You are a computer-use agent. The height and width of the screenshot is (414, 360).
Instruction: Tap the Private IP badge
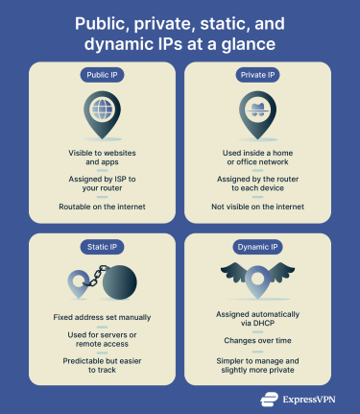click(x=256, y=74)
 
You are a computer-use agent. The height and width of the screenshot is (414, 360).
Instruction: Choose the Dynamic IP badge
click(x=256, y=246)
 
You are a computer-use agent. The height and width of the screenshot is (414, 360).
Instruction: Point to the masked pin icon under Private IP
click(x=256, y=114)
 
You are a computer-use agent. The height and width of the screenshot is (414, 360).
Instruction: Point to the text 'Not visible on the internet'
click(x=256, y=208)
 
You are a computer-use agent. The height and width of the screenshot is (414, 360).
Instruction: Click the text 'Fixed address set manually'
click(x=103, y=317)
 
